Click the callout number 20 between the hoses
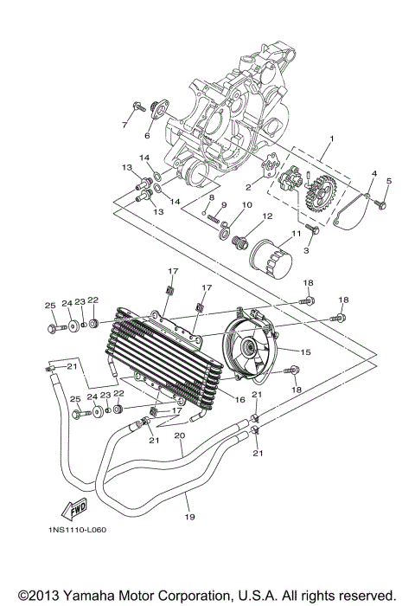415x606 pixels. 180,436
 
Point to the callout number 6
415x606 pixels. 147,136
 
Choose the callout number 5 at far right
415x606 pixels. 389,180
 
